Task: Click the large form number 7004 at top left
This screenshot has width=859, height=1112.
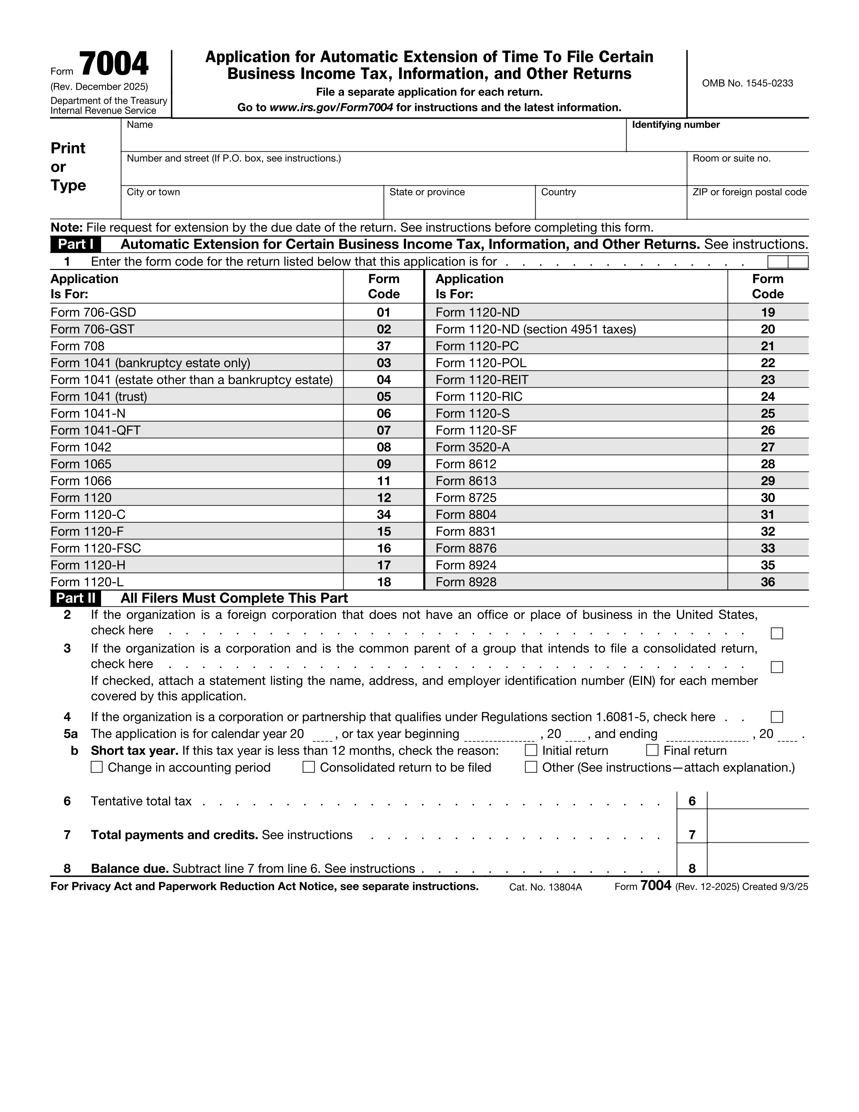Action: pyautogui.click(x=114, y=65)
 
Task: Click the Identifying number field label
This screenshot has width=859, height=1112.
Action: pyautogui.click(x=675, y=125)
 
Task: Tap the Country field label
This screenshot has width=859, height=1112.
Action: pyautogui.click(x=558, y=192)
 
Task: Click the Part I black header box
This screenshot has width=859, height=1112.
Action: pyautogui.click(x=75, y=244)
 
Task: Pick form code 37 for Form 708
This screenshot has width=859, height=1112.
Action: pyautogui.click(x=384, y=346)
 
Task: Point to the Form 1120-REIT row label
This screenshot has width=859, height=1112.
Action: pyautogui.click(x=481, y=380)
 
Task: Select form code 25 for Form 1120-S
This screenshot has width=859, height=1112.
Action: pyautogui.click(x=767, y=414)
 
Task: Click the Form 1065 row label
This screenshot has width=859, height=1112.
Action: pyautogui.click(x=81, y=464)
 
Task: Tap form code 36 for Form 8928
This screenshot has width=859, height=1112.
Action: pyautogui.click(x=767, y=582)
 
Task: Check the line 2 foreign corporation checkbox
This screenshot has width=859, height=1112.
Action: pyautogui.click(x=776, y=633)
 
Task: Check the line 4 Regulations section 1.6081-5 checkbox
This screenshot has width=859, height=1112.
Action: pyautogui.click(x=776, y=717)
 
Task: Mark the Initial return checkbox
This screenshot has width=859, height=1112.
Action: pyautogui.click(x=531, y=751)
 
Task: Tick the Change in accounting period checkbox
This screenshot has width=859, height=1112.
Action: pyautogui.click(x=97, y=767)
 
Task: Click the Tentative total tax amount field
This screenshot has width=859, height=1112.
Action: pyautogui.click(x=757, y=801)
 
